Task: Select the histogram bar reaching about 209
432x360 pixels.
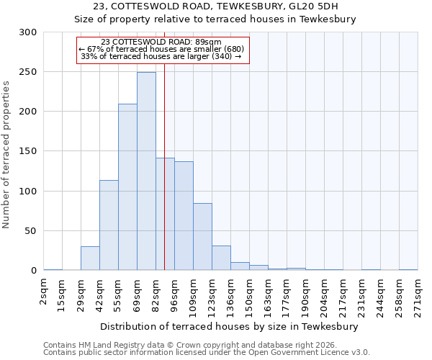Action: tap(127, 187)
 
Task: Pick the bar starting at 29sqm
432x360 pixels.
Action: tap(90, 258)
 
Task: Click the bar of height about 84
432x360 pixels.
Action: tap(202, 237)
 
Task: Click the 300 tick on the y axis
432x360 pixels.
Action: tap(27, 32)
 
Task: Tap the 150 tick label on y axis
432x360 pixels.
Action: tap(27, 151)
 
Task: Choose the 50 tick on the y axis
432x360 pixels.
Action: tap(30, 231)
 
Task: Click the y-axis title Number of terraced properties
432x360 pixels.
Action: tap(6, 155)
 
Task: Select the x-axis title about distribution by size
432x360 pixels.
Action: tap(230, 326)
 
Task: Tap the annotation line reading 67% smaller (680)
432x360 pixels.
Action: tap(161, 49)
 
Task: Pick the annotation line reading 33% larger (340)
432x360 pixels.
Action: tap(161, 56)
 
